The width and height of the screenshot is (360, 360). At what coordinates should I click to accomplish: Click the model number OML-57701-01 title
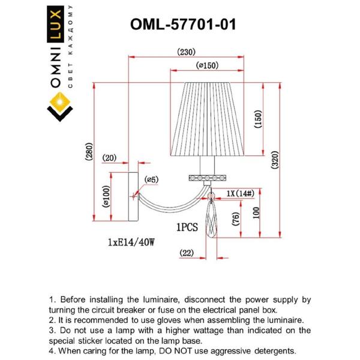[183, 25]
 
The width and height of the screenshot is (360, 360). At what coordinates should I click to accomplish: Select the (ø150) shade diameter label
[206, 66]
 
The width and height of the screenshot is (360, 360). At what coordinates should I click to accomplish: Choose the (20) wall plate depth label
[109, 158]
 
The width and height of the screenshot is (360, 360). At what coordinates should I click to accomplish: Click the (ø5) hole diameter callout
[151, 179]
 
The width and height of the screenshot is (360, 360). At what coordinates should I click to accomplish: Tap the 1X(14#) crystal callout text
[241, 193]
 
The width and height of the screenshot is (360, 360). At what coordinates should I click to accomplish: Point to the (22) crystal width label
[187, 254]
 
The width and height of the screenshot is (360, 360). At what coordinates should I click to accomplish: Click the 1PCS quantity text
[188, 228]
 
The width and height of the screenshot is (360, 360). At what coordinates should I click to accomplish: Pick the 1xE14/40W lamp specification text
[131, 242]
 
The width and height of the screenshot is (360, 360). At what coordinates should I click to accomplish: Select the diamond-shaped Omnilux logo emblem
[59, 109]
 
